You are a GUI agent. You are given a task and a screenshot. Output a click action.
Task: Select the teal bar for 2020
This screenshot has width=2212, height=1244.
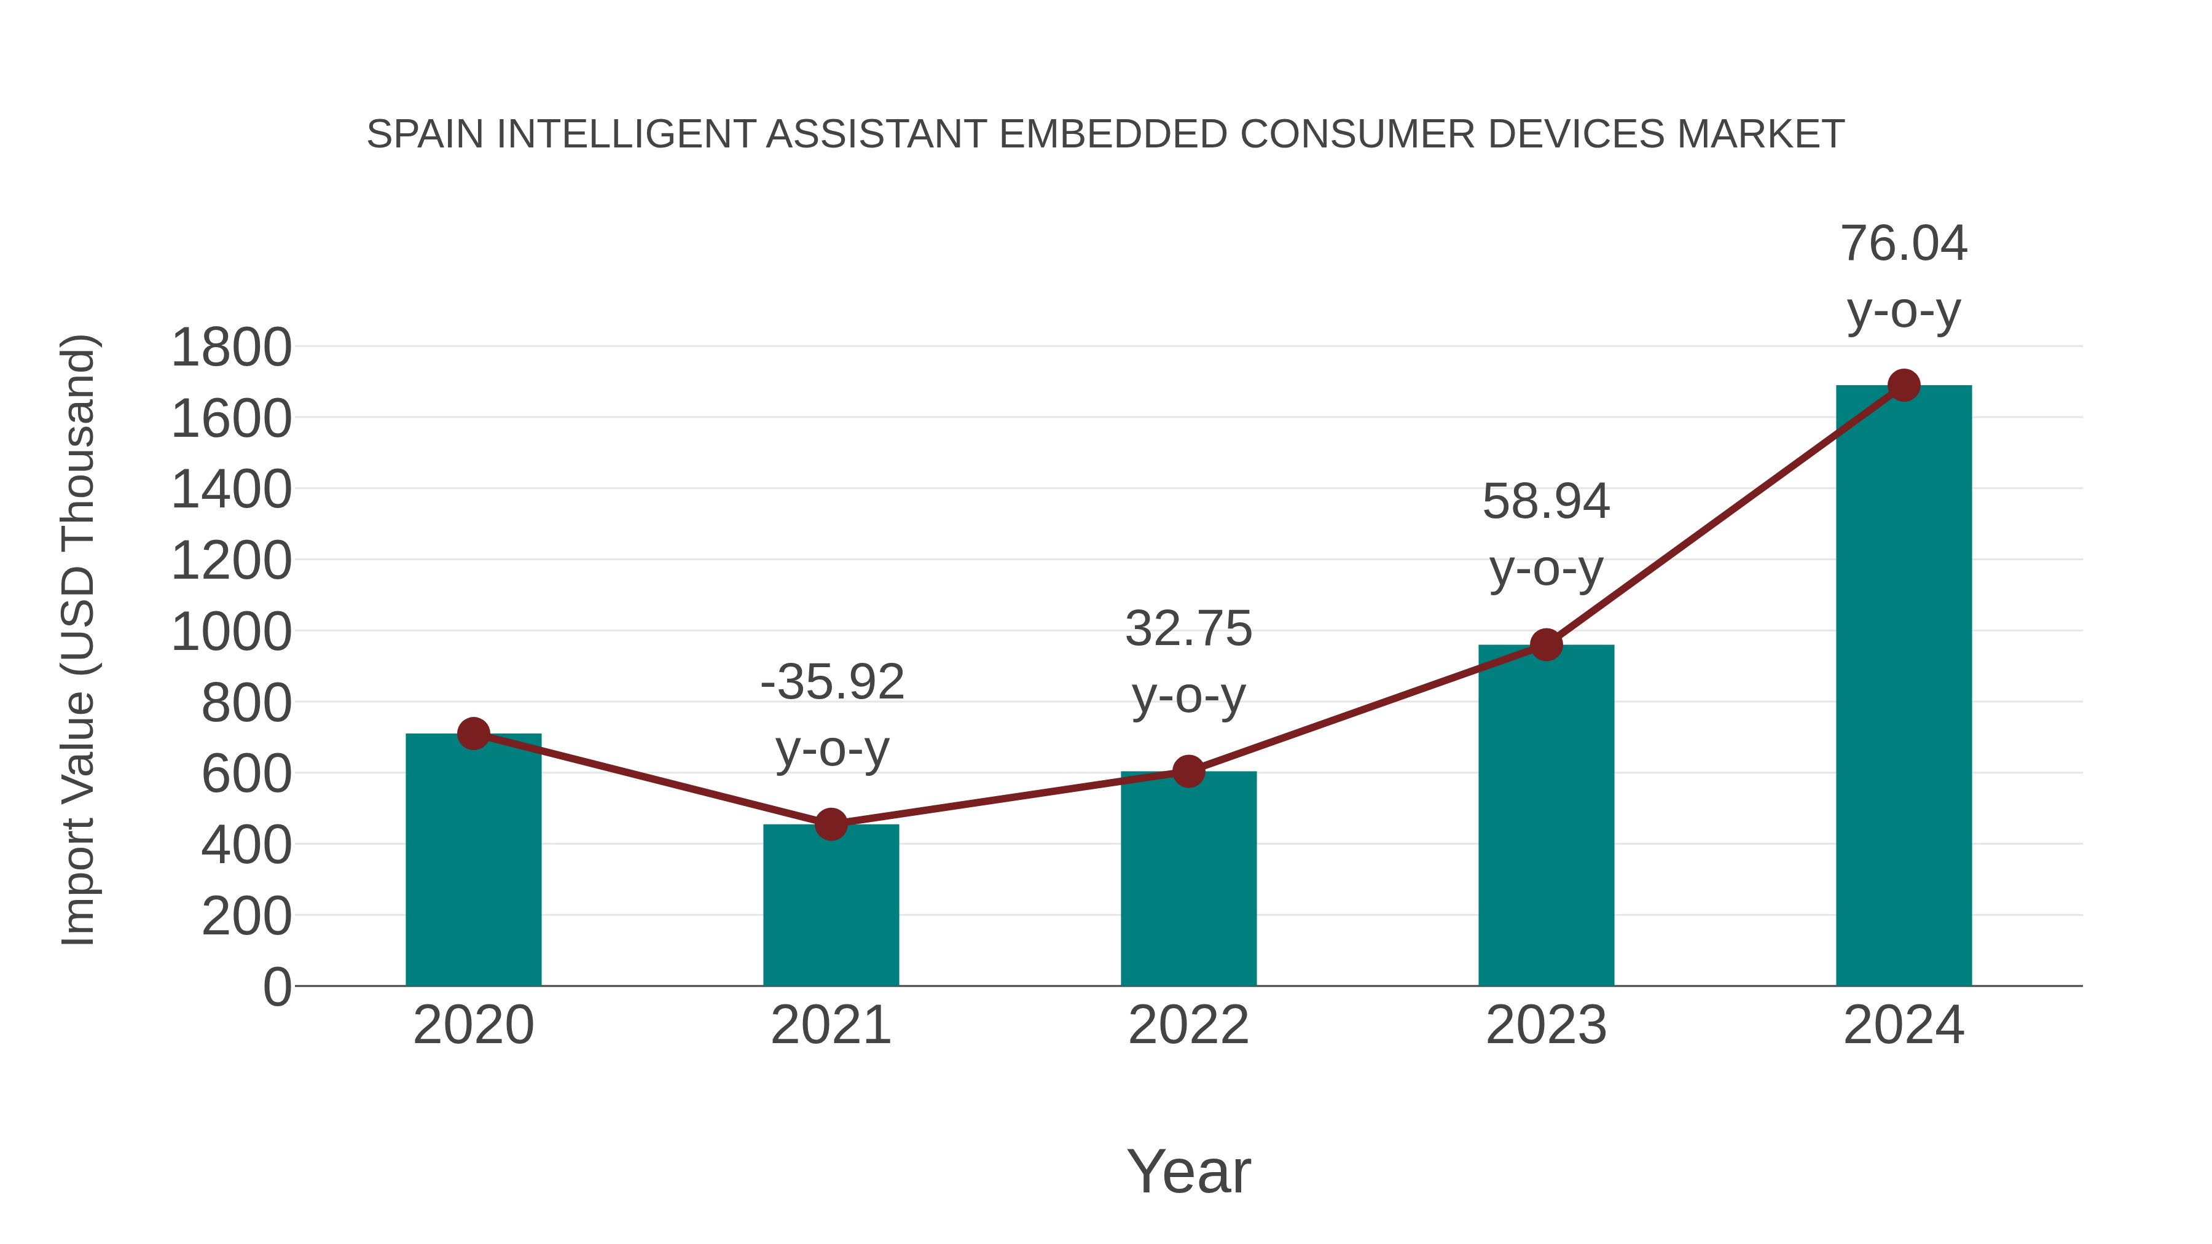[473, 859]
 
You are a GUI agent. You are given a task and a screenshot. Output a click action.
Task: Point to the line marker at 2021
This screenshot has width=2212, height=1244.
[830, 824]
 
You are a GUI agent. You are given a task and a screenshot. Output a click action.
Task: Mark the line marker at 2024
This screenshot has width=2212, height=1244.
[1904, 385]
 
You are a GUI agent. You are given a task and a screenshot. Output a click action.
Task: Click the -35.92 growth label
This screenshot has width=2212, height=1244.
[832, 683]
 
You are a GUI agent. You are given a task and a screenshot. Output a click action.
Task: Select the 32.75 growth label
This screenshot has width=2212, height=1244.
[1188, 628]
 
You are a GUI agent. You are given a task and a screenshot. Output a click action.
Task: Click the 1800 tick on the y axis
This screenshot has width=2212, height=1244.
[231, 348]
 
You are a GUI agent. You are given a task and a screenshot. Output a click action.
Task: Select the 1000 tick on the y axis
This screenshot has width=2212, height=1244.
[231, 632]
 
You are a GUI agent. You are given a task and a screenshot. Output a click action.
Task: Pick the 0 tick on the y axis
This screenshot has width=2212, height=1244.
[276, 987]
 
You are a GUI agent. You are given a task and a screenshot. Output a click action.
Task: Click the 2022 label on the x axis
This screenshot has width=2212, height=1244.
[1188, 1025]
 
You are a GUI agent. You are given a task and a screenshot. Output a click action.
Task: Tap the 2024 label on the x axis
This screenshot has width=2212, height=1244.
[1904, 1025]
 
